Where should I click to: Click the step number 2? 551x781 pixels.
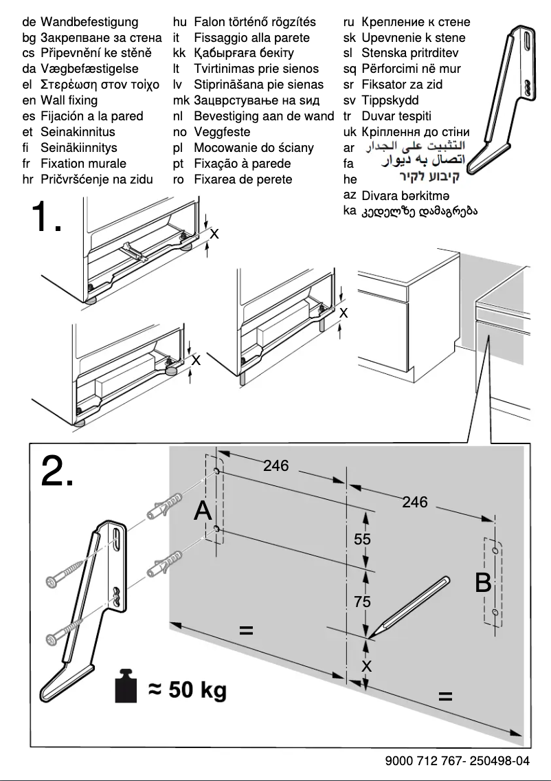pos(57,470)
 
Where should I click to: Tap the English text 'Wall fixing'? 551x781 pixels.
pos(69,100)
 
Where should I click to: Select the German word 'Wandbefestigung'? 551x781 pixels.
pos(89,22)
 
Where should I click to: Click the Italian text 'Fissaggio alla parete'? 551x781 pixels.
pos(251,38)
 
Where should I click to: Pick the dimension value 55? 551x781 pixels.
pos(362,540)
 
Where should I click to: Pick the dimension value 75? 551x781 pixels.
pos(362,602)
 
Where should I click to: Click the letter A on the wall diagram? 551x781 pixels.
pos(203,511)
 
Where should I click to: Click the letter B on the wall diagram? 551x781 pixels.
pos(483,583)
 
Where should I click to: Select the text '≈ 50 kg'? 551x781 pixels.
pos(187,689)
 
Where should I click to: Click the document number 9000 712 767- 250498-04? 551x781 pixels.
pos(458,760)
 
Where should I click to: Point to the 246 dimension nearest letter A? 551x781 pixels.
pos(275,465)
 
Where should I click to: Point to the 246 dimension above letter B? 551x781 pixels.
pos(414,502)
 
